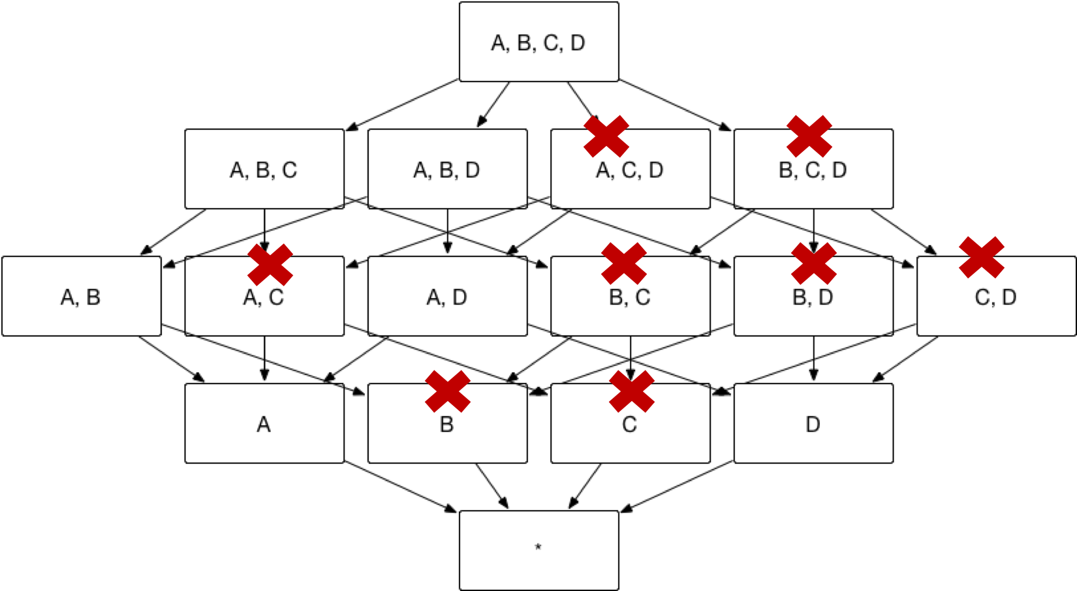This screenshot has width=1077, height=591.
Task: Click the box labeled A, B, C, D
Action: point(538,42)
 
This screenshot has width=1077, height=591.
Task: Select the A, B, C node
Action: point(264,169)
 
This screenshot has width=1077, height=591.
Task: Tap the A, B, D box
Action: point(447,169)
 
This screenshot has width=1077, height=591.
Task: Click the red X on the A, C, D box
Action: point(606,136)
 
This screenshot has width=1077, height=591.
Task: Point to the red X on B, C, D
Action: point(809,136)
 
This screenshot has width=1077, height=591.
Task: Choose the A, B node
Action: point(81,296)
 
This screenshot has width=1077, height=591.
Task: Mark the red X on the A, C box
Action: point(270,265)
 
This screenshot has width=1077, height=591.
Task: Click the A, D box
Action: point(447,296)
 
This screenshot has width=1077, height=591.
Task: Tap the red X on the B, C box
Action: point(624,264)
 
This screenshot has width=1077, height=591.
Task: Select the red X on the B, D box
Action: point(813,264)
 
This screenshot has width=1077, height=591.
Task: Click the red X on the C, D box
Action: point(981,257)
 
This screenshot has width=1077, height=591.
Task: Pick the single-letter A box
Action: point(264,423)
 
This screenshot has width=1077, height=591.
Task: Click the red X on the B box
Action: point(448,391)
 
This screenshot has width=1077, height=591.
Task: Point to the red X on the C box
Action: point(631,391)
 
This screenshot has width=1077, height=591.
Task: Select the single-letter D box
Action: point(813,423)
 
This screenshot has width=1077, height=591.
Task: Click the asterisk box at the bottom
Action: point(538,550)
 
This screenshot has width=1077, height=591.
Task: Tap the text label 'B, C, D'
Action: point(813,170)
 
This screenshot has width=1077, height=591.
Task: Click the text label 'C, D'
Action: point(995,297)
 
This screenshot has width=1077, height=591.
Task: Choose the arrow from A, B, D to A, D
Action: point(447,231)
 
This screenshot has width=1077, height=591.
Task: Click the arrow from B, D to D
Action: point(813,358)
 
